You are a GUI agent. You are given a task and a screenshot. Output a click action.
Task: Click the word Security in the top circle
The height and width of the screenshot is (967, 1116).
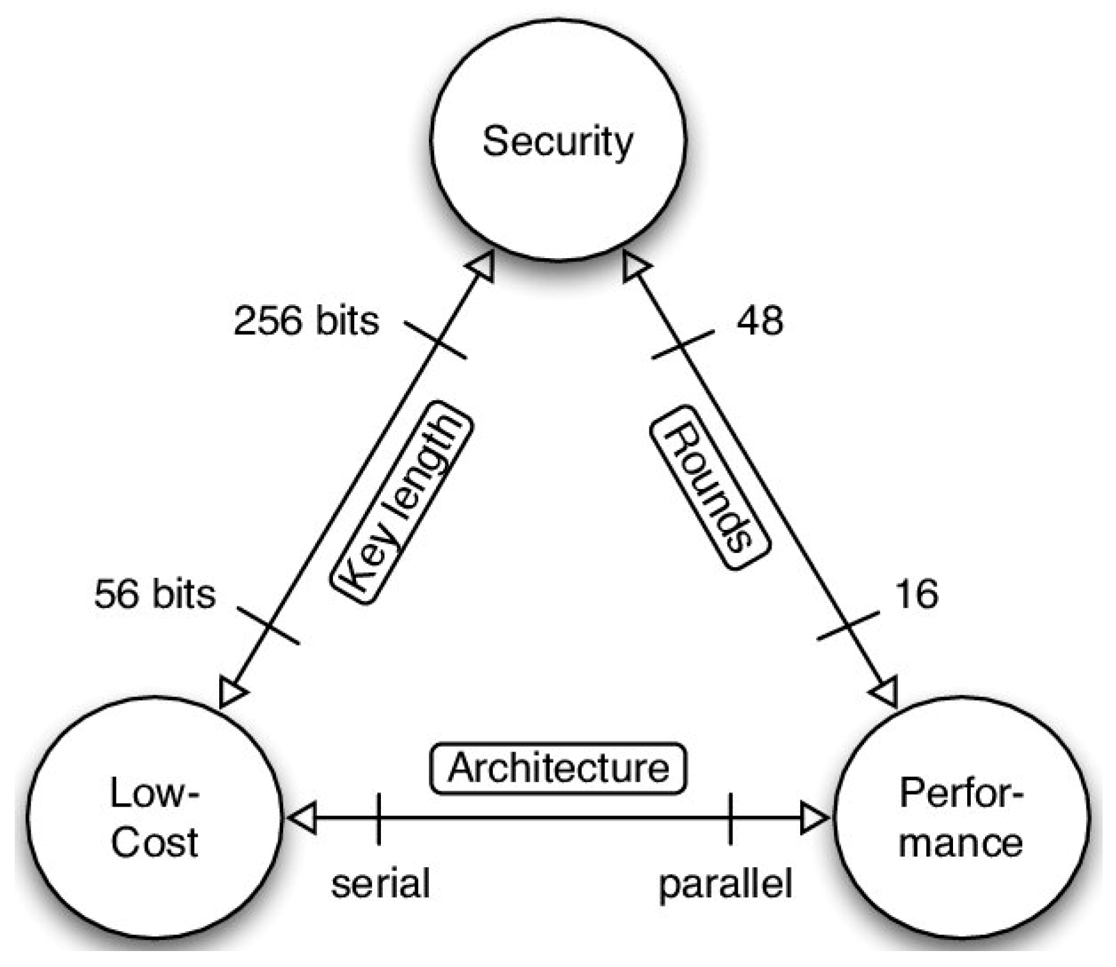click(x=557, y=142)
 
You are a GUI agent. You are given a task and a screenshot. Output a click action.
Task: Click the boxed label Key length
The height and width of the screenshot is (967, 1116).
click(x=401, y=502)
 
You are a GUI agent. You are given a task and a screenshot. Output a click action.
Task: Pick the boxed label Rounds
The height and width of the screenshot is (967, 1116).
click(x=709, y=487)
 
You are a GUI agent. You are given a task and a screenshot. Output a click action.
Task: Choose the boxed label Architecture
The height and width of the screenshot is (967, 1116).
click(x=558, y=768)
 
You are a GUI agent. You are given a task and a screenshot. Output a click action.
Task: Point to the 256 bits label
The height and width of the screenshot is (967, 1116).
click(x=306, y=320)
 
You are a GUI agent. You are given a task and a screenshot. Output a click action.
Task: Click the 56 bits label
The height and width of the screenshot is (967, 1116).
click(x=155, y=594)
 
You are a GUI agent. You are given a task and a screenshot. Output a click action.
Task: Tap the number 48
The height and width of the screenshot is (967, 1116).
click(x=759, y=320)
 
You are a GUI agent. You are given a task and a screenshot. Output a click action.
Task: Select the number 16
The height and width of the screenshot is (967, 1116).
click(x=917, y=594)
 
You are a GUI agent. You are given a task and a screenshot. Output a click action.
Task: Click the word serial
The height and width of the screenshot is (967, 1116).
click(x=380, y=883)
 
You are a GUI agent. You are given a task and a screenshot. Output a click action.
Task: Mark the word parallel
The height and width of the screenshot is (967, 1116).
click(x=725, y=883)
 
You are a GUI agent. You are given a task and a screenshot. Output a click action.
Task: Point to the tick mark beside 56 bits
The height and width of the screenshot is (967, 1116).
click(x=268, y=625)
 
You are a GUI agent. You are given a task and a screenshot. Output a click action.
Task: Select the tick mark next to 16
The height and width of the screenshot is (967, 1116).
click(x=848, y=625)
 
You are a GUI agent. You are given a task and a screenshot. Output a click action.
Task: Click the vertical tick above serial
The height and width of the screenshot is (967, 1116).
click(x=378, y=818)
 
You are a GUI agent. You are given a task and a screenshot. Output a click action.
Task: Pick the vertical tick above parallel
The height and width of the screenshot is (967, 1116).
click(x=731, y=818)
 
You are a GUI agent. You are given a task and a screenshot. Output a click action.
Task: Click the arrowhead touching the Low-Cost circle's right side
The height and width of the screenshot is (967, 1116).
click(x=302, y=818)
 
